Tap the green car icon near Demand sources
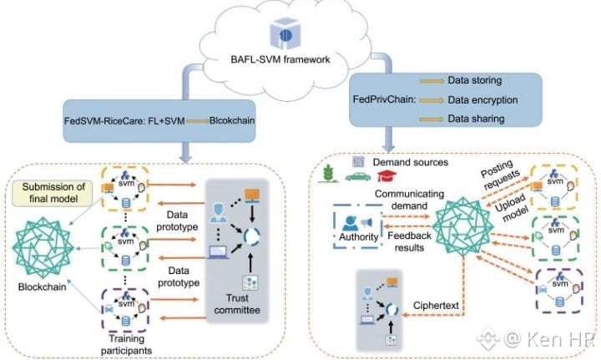point(356,176)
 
